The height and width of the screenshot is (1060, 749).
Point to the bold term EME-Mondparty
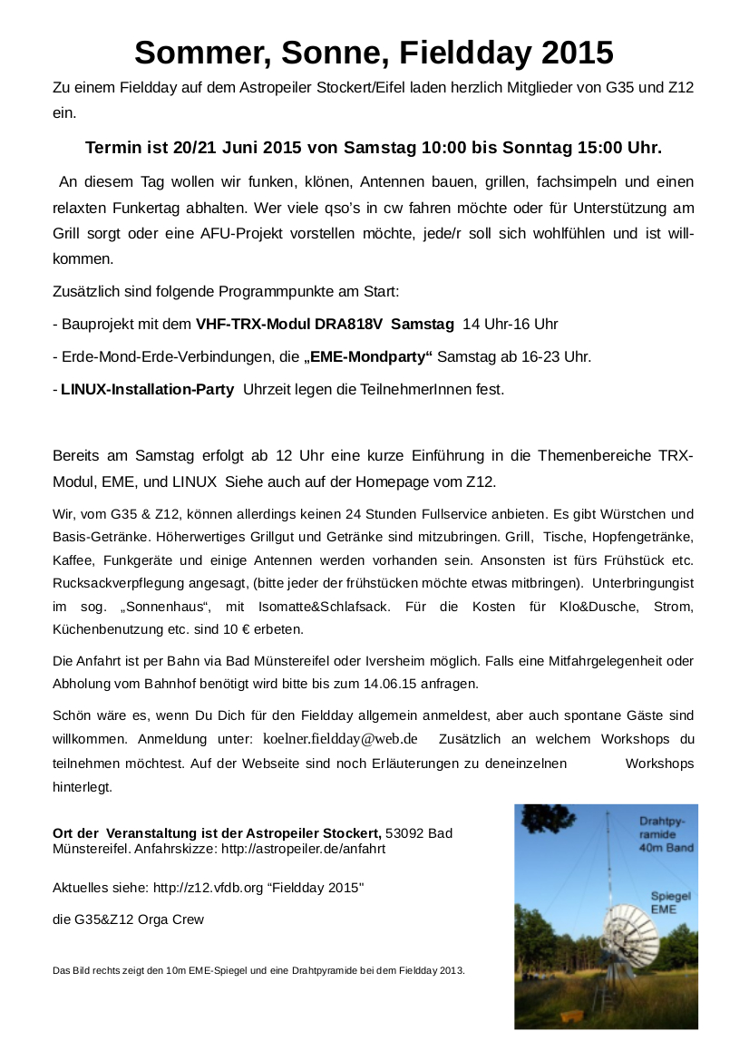[369, 356]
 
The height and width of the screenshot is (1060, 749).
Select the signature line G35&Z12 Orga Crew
[129, 919]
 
